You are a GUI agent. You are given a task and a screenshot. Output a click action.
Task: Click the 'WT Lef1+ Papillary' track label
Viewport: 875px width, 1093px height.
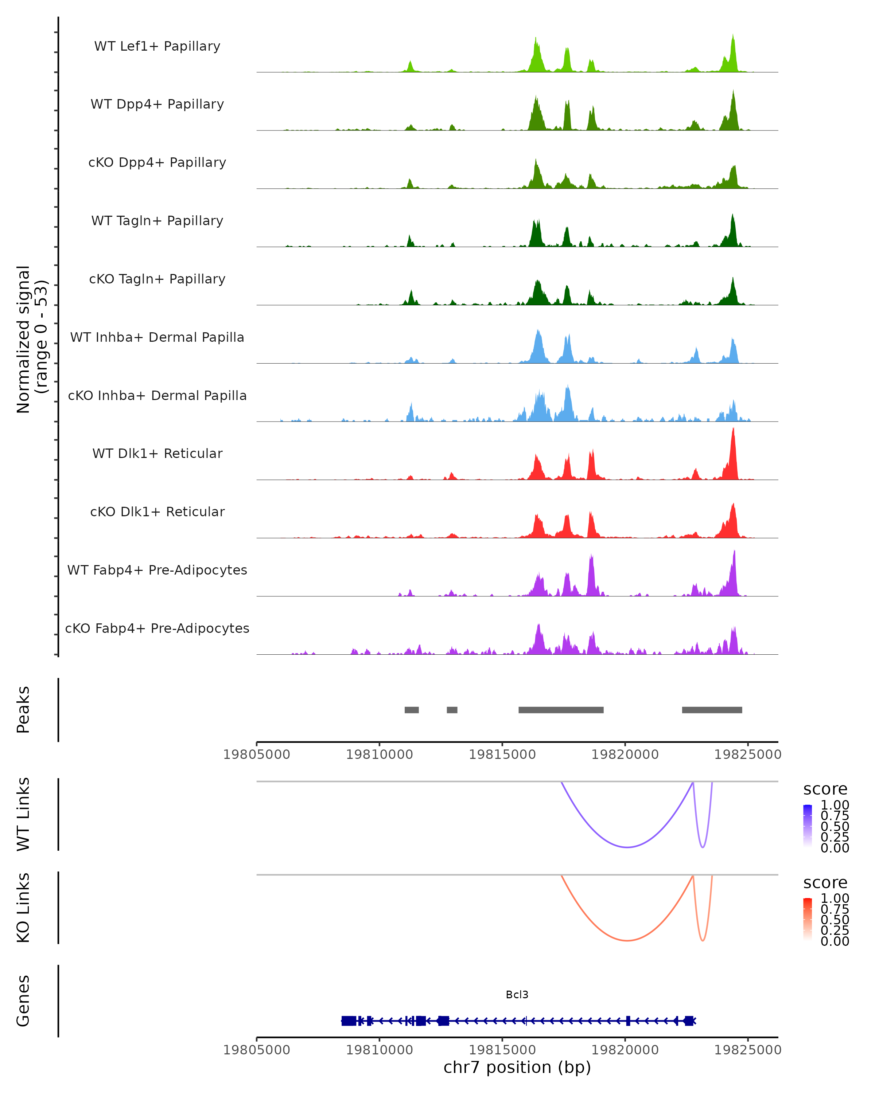157,46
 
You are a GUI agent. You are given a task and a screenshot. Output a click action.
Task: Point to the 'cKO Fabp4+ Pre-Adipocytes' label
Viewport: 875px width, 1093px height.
157,628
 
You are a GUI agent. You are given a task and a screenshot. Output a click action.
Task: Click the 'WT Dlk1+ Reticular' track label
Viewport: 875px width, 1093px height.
157,453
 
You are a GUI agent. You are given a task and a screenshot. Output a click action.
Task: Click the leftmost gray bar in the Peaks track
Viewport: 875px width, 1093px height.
411,710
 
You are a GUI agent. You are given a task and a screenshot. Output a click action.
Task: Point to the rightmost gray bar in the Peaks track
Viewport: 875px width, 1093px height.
712,710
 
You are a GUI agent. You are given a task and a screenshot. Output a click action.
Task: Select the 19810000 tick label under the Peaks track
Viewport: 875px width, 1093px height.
380,755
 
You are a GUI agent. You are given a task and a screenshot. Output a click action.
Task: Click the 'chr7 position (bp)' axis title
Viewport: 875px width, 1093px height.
517,1067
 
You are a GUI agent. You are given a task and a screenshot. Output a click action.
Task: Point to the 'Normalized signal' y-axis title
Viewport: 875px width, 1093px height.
23,339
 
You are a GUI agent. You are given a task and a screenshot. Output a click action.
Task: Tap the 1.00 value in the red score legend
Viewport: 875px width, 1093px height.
835,898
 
